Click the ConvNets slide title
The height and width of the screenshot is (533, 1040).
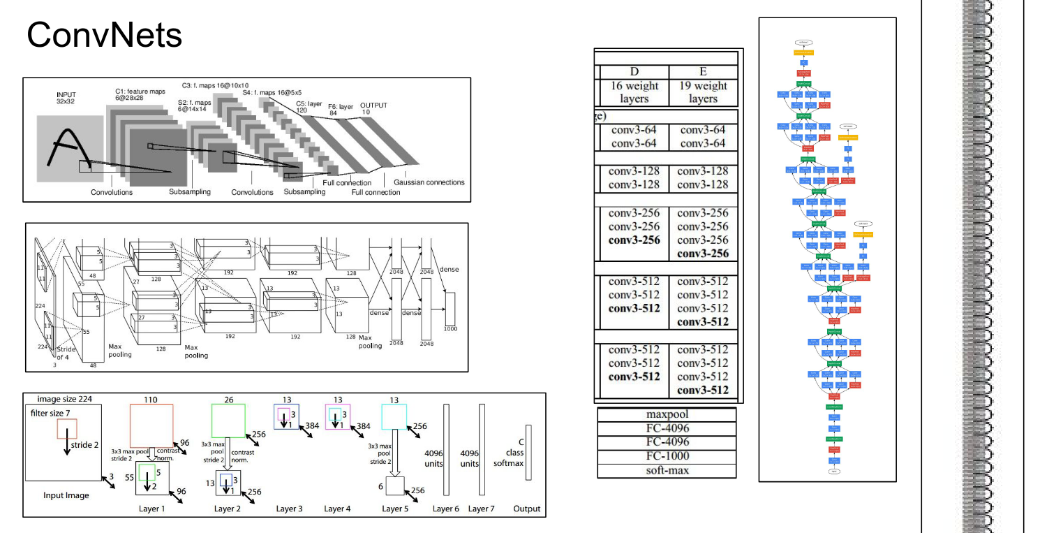coord(104,35)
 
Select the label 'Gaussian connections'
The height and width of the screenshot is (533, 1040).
coord(429,182)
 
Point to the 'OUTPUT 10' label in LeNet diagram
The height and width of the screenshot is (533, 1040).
coord(373,108)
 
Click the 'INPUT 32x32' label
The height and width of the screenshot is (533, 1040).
coord(66,98)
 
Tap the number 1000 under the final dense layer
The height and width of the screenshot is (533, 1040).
coord(450,328)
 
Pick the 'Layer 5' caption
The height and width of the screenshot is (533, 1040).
coord(395,509)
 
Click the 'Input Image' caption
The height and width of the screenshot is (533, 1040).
coord(66,495)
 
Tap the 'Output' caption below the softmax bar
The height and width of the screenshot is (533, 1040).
coord(527,509)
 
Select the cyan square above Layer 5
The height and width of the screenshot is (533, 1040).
coord(394,417)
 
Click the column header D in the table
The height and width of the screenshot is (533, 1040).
coord(634,72)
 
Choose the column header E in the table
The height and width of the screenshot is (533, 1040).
coord(703,72)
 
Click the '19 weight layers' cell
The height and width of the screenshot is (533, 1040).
coord(703,92)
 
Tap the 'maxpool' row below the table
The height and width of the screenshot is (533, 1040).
coord(667,414)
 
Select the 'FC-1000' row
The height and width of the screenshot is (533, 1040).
coord(667,456)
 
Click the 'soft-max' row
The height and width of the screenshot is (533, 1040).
coord(667,470)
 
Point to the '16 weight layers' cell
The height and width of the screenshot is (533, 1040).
coord(634,92)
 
